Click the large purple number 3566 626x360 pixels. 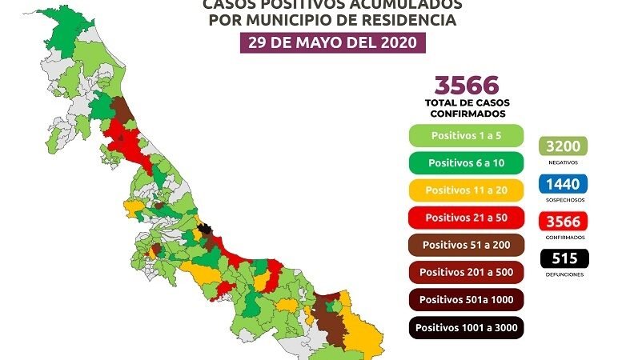[x=467, y=85]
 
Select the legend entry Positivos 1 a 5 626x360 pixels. [x=466, y=135]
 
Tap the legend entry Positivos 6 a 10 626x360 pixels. [x=466, y=162]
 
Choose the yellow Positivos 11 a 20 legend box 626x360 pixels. [x=466, y=190]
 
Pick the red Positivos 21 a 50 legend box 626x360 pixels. [x=466, y=217]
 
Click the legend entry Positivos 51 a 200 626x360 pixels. [x=466, y=244]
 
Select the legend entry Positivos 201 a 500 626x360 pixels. [x=466, y=272]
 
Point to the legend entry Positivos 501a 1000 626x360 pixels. [x=466, y=299]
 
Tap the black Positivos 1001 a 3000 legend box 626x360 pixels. [x=466, y=326]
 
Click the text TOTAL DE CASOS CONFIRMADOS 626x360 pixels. [x=467, y=108]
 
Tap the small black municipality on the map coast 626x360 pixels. [x=207, y=230]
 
